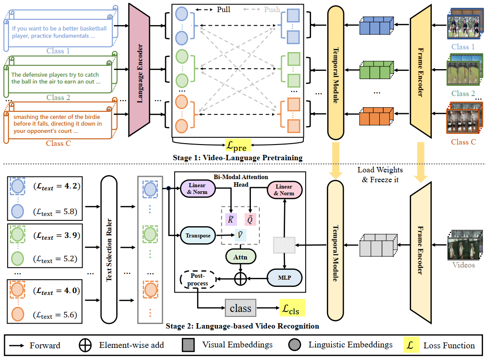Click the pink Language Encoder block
140,70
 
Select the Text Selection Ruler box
109,250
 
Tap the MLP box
285,278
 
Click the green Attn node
241,257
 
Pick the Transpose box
198,236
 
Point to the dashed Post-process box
197,280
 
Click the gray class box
241,308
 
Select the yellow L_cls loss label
292,308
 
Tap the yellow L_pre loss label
237,145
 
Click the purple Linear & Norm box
197,189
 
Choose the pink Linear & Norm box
285,190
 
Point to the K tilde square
231,220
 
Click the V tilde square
241,235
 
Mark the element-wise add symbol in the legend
85,345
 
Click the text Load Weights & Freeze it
380,175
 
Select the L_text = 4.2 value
57,186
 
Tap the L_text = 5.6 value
55,315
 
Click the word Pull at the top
224,9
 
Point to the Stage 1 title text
237,158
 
